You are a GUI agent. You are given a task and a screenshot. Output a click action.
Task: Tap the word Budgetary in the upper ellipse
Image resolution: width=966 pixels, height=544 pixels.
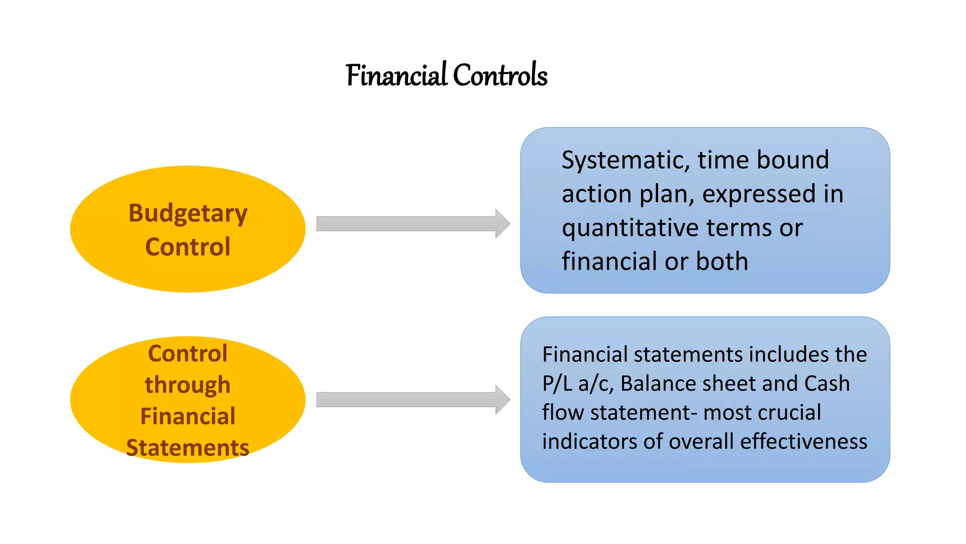click(x=188, y=213)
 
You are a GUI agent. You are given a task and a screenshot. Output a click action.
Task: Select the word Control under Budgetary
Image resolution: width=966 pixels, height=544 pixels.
click(x=188, y=247)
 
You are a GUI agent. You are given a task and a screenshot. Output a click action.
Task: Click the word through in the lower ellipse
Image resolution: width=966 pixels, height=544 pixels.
click(x=188, y=385)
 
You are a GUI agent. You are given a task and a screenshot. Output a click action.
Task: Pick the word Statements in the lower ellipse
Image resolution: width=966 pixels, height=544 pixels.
click(x=188, y=448)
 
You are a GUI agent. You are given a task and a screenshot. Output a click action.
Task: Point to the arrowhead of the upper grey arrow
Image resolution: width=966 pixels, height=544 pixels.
click(x=503, y=223)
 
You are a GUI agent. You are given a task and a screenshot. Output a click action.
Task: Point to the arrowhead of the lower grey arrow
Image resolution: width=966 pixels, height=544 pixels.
click(x=503, y=399)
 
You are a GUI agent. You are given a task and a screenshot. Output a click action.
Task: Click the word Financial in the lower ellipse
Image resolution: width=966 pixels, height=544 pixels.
click(x=188, y=416)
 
